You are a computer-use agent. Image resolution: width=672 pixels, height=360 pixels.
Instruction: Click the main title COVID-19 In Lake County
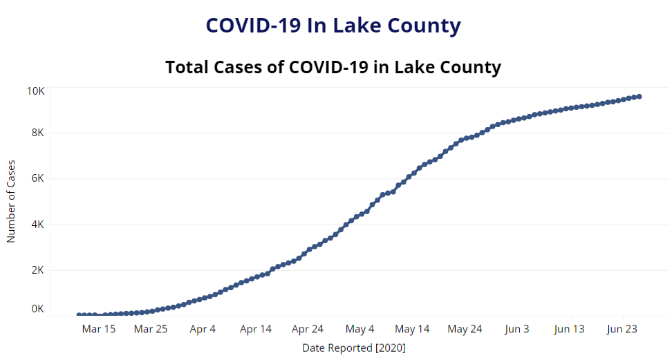point(333,26)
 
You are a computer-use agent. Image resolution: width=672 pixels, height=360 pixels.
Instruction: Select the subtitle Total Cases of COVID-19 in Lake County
point(333,68)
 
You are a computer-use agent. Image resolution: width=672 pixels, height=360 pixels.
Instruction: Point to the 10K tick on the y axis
point(36,91)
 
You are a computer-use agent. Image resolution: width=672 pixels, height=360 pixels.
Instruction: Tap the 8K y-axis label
point(38,133)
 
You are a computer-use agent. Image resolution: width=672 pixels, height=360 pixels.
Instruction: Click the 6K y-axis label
point(38,178)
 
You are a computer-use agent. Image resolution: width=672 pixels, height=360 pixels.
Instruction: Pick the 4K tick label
point(38,225)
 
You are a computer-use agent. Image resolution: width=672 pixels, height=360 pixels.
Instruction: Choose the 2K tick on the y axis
point(38,270)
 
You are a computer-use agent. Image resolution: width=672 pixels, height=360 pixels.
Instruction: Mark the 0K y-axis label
point(38,309)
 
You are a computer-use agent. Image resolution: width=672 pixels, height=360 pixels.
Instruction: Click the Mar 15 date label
point(99,329)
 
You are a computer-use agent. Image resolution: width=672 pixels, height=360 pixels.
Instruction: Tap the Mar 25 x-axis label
point(151,329)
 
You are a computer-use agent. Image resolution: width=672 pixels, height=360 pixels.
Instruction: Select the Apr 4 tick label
point(203,329)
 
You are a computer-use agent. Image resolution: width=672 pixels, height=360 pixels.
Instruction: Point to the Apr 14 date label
point(255,329)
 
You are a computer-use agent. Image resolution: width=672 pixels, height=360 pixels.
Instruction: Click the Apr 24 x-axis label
point(308,329)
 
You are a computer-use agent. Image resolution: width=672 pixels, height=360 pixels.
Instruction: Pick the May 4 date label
point(360,329)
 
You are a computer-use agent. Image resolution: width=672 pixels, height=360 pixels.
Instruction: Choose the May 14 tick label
point(412,329)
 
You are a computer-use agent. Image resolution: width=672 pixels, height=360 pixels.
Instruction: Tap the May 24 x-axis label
point(465,329)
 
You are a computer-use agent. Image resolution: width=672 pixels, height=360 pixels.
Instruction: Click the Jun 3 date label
point(516,329)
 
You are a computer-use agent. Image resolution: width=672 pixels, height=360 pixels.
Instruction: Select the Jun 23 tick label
point(622,329)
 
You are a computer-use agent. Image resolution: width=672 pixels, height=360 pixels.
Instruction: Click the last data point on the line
point(639,97)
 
